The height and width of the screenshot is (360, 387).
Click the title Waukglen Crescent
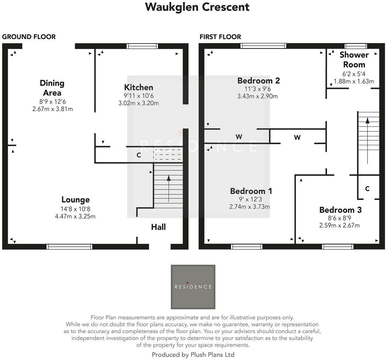pos(197,7)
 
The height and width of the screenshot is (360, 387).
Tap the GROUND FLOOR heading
pos(29,37)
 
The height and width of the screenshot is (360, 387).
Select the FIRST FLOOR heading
pos(220,37)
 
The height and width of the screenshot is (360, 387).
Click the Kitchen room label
pos(138,87)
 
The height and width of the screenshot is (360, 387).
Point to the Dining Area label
pos(52,88)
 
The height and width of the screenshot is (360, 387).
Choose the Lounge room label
pos(75,200)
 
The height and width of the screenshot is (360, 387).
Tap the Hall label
pos(158,227)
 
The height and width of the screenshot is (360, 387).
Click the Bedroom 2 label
pos(258,80)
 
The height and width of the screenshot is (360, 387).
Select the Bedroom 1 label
pos(251,191)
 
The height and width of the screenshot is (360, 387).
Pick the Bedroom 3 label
pos(340,210)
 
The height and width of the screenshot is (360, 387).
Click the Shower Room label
pos(354,59)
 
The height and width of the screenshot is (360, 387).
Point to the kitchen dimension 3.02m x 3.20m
pos(138,103)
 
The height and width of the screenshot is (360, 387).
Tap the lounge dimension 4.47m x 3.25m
pos(75,216)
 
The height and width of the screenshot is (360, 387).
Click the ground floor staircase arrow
pos(169,188)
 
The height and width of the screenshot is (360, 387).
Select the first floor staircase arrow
pos(367,140)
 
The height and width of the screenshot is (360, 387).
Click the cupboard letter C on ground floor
pos(139,155)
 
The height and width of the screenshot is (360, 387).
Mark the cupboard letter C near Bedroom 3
pos(367,188)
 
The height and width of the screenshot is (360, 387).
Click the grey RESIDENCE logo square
pos(193,287)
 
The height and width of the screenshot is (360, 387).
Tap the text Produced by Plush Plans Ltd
pos(193,354)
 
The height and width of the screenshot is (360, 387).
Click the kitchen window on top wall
pos(142,46)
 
